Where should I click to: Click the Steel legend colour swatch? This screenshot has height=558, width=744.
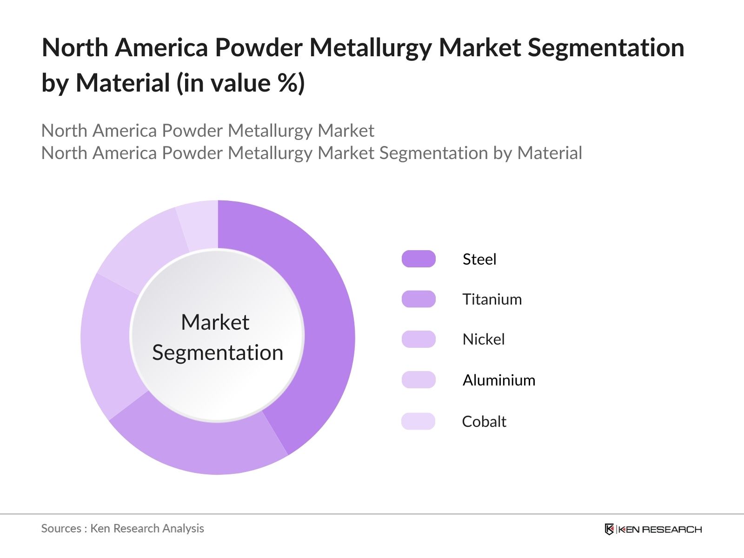pyautogui.click(x=418, y=259)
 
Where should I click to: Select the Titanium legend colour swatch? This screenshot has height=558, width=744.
pyautogui.click(x=418, y=299)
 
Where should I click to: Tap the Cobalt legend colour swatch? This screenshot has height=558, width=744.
pyautogui.click(x=418, y=421)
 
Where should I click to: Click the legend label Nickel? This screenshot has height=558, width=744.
pyautogui.click(x=483, y=339)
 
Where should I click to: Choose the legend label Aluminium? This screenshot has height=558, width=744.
pyautogui.click(x=498, y=380)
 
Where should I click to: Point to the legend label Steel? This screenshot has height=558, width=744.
pyautogui.click(x=479, y=259)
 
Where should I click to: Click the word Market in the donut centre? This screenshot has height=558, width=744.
pyautogui.click(x=215, y=322)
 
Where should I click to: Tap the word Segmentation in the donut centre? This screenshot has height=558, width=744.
pyautogui.click(x=218, y=352)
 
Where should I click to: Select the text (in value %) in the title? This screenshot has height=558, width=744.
pyautogui.click(x=240, y=84)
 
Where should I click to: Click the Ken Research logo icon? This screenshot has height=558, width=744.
pyautogui.click(x=609, y=529)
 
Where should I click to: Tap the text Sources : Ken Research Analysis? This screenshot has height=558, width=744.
pyautogui.click(x=123, y=528)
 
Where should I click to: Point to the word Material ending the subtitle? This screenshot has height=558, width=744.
pyautogui.click(x=549, y=153)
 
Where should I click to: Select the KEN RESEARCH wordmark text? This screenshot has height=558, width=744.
pyautogui.click(x=660, y=529)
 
